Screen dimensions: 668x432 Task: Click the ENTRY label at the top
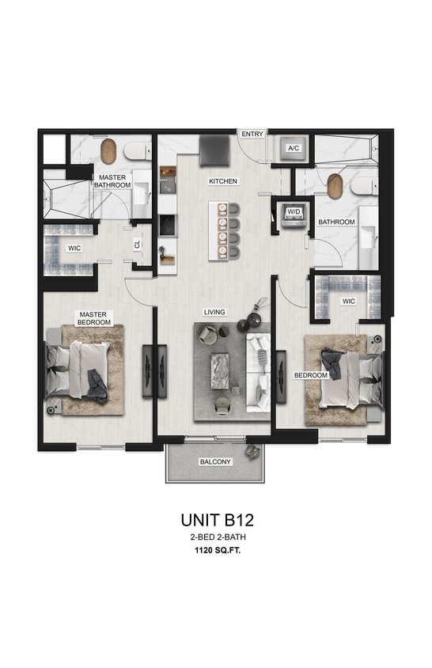click(252, 134)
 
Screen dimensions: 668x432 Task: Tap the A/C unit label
click(293, 148)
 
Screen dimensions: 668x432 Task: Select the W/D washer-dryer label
click(294, 213)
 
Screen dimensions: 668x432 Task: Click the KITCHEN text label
click(223, 181)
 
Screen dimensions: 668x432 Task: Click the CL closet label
click(137, 245)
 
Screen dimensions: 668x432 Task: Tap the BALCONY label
click(216, 461)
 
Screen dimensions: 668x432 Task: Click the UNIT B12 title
click(216, 520)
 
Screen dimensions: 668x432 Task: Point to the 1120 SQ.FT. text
click(216, 553)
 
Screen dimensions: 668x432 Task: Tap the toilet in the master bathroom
click(138, 150)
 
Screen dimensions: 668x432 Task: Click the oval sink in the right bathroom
click(335, 186)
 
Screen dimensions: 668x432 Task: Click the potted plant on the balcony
click(253, 452)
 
